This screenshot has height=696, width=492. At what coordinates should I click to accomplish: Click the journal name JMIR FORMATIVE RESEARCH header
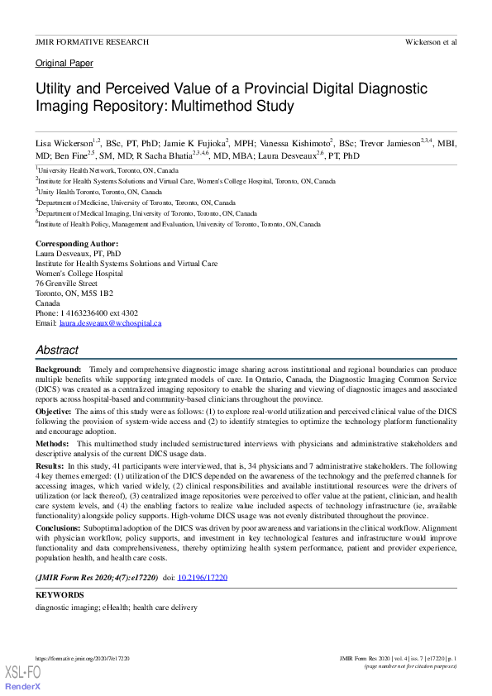coord(92,41)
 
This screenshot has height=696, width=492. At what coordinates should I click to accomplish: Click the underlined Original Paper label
coord(64,64)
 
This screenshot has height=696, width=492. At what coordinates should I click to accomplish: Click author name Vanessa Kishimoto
coord(295,143)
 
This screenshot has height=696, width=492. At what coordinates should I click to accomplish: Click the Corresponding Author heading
coord(77,244)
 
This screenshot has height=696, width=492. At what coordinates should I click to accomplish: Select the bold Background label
coord(58,368)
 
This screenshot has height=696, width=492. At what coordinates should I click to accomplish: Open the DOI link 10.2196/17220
coord(203,576)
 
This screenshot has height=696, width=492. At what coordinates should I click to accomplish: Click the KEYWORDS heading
coord(60,595)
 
